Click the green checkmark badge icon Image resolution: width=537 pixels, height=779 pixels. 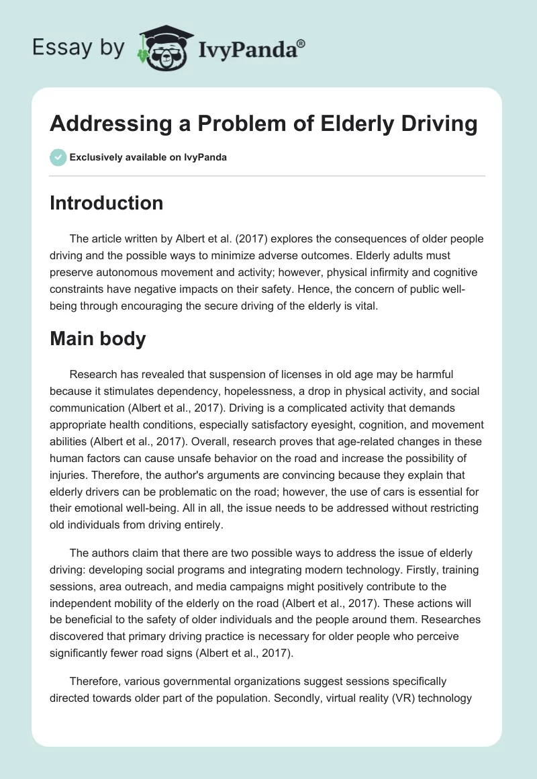pos(58,157)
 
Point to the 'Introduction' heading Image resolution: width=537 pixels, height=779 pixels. pos(106,203)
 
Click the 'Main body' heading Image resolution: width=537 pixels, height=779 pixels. pos(97,338)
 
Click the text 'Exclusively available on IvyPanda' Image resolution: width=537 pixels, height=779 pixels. pos(148,157)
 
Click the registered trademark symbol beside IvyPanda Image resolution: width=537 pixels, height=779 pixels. pos(301,43)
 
